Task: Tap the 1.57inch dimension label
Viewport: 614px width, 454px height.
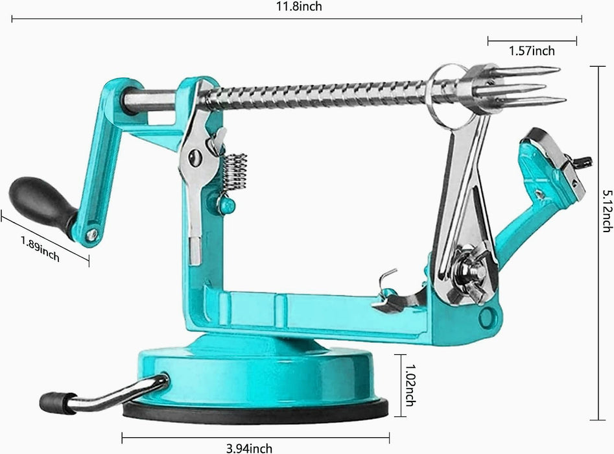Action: (x=532, y=51)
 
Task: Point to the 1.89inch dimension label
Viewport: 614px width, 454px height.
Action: (x=40, y=249)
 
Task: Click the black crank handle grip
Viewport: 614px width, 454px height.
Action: (x=39, y=200)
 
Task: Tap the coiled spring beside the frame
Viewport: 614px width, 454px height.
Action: (x=235, y=172)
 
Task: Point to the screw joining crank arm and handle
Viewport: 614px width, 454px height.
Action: (x=92, y=234)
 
